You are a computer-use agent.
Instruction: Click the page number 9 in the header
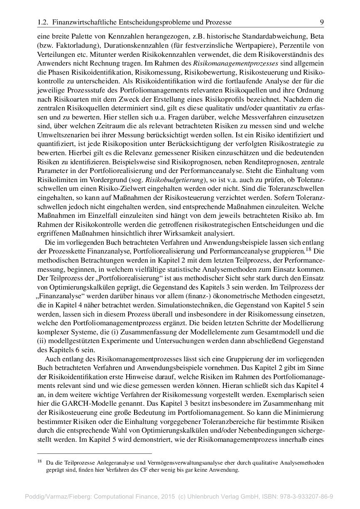tap(322, 22)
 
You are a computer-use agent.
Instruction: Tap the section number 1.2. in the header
tap(44, 22)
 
